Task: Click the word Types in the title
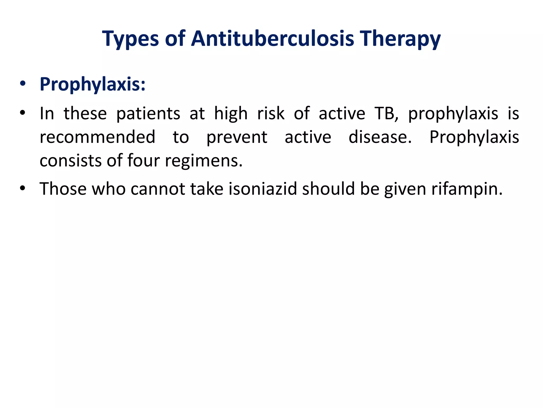[x=130, y=39]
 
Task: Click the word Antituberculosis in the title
[x=272, y=39]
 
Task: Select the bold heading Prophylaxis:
[x=93, y=84]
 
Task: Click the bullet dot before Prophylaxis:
[x=23, y=84]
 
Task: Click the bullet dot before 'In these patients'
[x=23, y=113]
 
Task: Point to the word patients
[x=148, y=114]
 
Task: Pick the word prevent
[x=237, y=138]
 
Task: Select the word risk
[x=271, y=113]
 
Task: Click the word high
[x=231, y=114]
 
